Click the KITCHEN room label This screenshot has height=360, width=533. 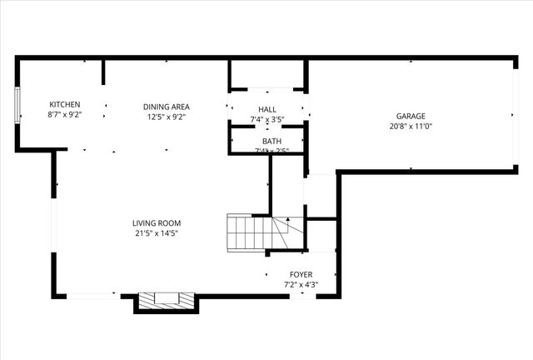point(64,104)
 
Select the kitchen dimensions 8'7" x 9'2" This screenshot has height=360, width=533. point(64,117)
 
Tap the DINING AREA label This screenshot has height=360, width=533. point(167,106)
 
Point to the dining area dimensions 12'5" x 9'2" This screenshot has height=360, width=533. point(167,117)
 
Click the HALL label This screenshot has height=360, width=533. point(267,109)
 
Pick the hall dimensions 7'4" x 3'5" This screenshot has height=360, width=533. point(267,120)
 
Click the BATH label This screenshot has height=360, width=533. point(271,142)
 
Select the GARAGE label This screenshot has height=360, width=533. point(411,116)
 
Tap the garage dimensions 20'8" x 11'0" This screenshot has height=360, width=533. point(411,127)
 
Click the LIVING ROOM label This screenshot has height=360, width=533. point(157,222)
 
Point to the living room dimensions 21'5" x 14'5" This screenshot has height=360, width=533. point(157,234)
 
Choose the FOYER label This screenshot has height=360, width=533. point(301,274)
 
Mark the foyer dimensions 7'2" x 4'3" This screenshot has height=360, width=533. point(301,286)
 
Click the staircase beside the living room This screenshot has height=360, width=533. point(257,232)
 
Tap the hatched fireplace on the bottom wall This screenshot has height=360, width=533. point(166,300)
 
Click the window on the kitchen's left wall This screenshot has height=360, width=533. point(17,105)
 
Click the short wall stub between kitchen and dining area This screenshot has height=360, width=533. point(103,72)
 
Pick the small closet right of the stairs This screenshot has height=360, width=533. point(321,234)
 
